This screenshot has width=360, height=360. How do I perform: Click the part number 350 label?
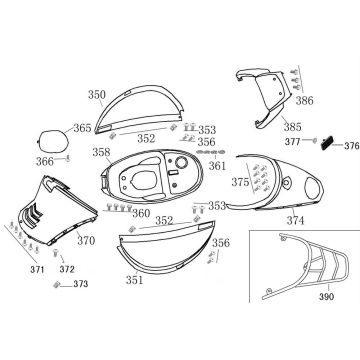click(97, 95)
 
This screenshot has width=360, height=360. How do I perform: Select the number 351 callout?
click(134, 280)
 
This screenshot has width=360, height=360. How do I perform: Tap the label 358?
click(101, 152)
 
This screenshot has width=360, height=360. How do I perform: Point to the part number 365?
click(82, 128)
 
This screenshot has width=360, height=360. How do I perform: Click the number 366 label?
click(45, 162)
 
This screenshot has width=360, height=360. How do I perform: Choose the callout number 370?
click(86, 240)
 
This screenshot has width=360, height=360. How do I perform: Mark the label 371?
click(37, 269)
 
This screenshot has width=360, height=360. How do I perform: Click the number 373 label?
click(81, 284)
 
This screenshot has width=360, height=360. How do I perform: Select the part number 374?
click(295, 220)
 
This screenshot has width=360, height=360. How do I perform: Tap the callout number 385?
click(293, 127)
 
